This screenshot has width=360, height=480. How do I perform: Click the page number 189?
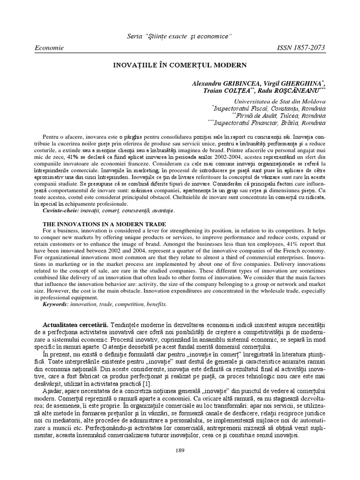click(180, 451)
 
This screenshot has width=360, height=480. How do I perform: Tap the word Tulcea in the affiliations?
click(290, 116)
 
